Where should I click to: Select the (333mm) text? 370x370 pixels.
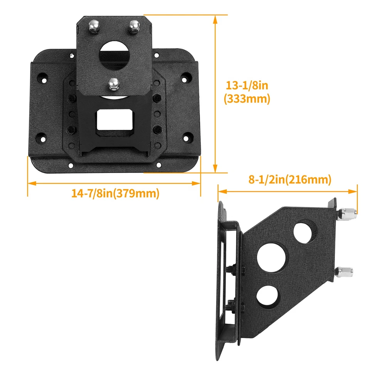click(x=247, y=99)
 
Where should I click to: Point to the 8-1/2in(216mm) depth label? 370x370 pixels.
click(x=290, y=180)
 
